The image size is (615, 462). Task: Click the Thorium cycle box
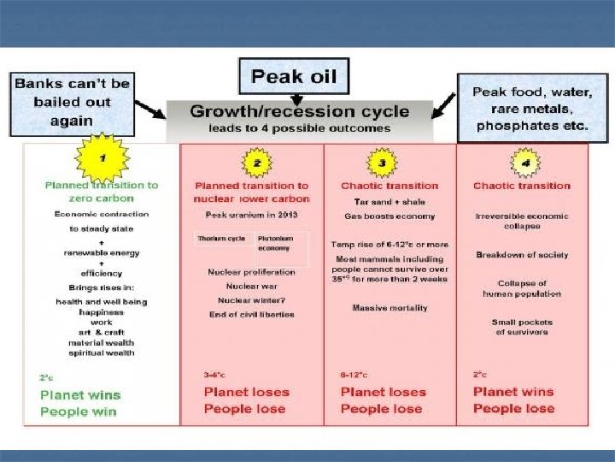tap(221, 238)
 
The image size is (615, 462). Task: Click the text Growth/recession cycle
tap(299, 111)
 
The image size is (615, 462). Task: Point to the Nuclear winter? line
tap(251, 299)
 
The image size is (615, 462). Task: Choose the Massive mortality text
tap(390, 308)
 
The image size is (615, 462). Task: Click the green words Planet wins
tap(80, 394)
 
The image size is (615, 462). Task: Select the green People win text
tap(77, 411)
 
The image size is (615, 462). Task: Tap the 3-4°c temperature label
tap(215, 374)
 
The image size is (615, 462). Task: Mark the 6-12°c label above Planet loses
tap(353, 374)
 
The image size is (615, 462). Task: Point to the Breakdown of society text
tap(522, 255)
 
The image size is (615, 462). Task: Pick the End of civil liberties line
tap(251, 314)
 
